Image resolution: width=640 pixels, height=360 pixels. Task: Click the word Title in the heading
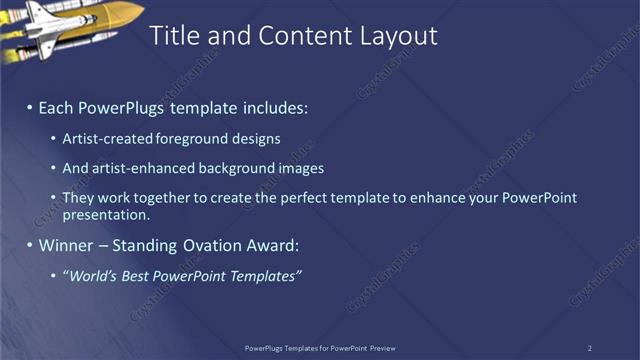[x=173, y=36]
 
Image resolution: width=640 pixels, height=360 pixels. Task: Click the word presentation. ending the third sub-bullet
[x=106, y=214]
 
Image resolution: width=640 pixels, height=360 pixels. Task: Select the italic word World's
[x=96, y=275]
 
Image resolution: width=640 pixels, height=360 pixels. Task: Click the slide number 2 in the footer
[x=590, y=348]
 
